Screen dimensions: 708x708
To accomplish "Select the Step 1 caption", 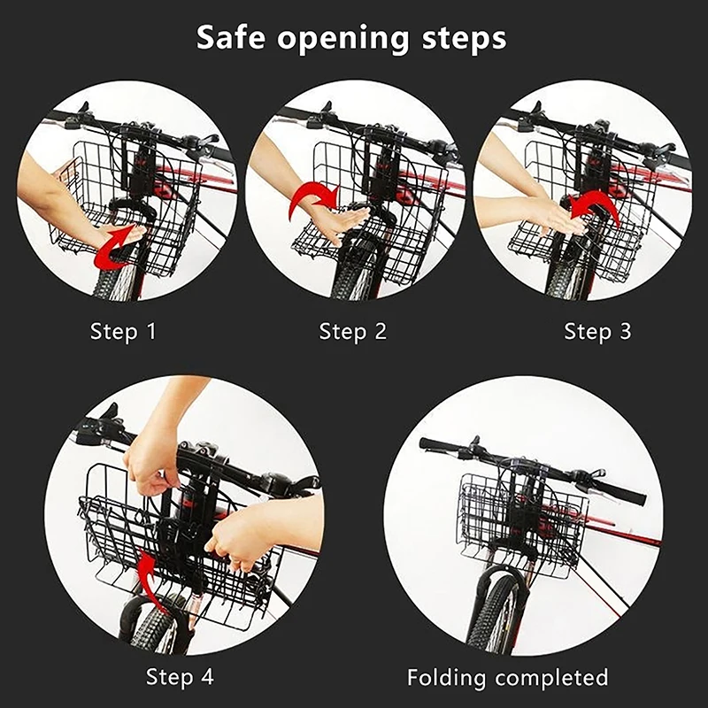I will (123, 332).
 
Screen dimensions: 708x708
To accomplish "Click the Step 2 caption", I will (353, 332).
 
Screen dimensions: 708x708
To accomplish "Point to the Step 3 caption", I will (598, 332).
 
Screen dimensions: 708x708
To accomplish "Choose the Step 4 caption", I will (180, 677).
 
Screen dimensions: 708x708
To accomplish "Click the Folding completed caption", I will (508, 678).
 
